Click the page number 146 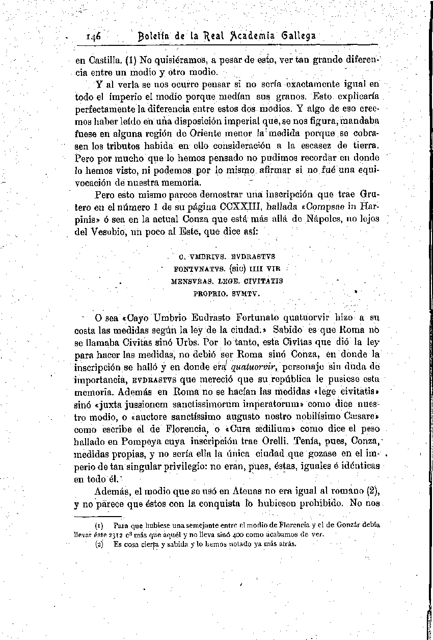click(x=94, y=36)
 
